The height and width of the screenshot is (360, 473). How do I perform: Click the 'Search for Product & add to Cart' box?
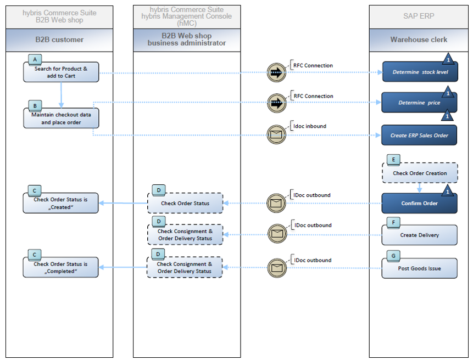(x=60, y=72)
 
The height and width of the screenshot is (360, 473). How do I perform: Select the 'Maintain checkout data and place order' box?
(x=60, y=119)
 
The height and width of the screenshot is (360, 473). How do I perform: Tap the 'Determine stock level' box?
(x=419, y=72)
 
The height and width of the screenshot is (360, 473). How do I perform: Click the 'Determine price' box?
(x=419, y=103)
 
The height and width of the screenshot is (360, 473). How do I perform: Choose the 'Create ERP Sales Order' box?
(x=419, y=135)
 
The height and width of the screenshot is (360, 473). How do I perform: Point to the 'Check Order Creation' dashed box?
(x=420, y=173)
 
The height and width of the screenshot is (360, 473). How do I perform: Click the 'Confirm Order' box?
(x=419, y=204)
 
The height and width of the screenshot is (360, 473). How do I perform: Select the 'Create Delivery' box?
(x=419, y=235)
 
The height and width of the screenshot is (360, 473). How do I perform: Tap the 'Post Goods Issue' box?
(x=419, y=268)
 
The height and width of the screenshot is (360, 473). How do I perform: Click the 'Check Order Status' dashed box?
(x=185, y=204)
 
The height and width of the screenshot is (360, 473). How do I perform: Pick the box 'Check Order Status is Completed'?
(x=60, y=268)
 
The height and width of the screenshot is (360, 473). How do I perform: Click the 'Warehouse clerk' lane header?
(x=419, y=40)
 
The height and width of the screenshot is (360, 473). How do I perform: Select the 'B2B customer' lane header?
(x=59, y=40)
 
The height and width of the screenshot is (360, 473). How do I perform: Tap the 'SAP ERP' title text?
(x=419, y=16)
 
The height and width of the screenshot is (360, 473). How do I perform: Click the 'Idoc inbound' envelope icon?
(x=276, y=135)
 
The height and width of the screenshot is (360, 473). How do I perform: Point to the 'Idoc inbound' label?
(x=310, y=126)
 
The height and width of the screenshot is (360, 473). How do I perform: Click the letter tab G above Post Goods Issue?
(x=392, y=256)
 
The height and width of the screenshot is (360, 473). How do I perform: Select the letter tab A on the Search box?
(x=36, y=59)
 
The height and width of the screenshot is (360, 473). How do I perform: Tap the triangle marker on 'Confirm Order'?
(x=448, y=190)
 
